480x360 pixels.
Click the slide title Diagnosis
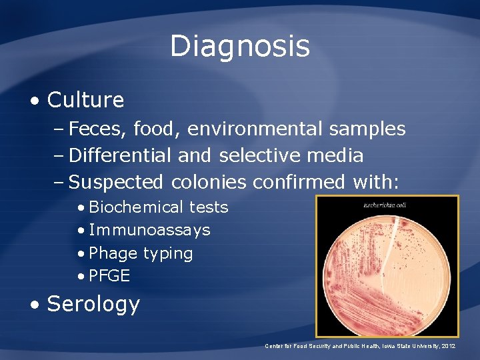pyautogui.click(x=240, y=47)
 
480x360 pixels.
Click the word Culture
pyautogui.click(x=85, y=100)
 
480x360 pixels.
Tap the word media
pyautogui.click(x=337, y=155)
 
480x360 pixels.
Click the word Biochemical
pyautogui.click(x=136, y=207)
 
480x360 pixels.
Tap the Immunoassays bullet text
pyautogui.click(x=149, y=230)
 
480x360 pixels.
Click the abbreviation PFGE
pyautogui.click(x=109, y=275)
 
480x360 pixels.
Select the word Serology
pyautogui.click(x=93, y=304)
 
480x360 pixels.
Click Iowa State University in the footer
pyautogui.click(x=405, y=346)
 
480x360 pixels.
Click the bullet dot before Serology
pyautogui.click(x=35, y=304)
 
